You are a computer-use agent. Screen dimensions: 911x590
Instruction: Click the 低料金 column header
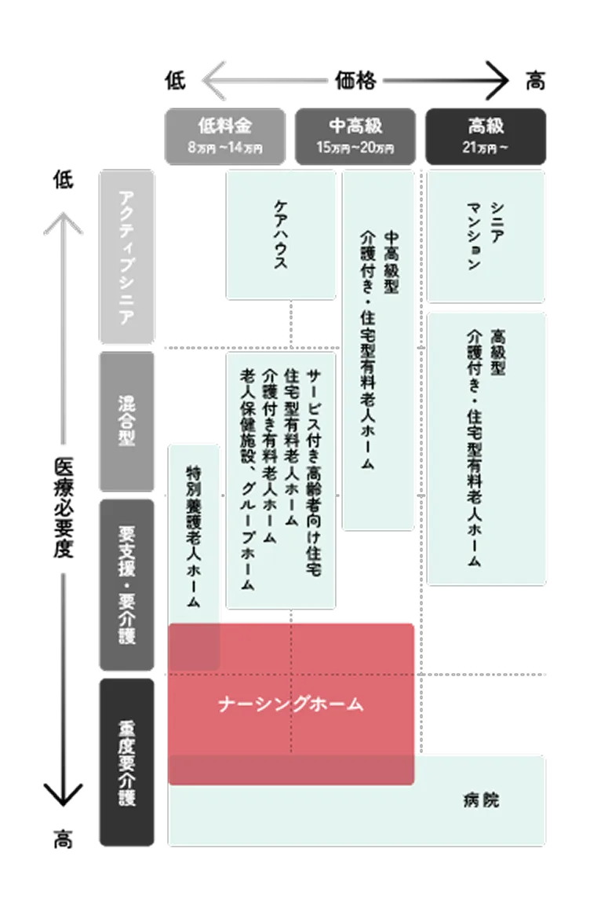(224, 126)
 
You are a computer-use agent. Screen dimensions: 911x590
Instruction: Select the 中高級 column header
(356, 126)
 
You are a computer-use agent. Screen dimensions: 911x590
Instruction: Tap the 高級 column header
(486, 126)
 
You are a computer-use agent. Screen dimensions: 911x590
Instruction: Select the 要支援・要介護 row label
(126, 584)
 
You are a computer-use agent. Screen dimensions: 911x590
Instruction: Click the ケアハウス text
(279, 235)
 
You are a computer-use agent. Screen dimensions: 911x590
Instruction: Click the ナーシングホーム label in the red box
(291, 704)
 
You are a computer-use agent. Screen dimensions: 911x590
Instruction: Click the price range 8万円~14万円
(224, 147)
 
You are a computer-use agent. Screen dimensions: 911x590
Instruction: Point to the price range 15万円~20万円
(356, 147)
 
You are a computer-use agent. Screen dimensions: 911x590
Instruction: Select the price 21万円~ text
(486, 147)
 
